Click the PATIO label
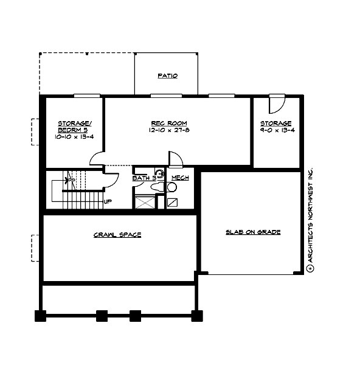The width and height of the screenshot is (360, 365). pos(167,76)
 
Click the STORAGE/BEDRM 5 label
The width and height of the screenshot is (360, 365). pos(71,127)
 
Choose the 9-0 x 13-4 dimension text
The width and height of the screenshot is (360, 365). pos(276,130)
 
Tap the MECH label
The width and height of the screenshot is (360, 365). pos(179,178)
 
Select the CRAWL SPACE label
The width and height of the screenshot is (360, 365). pos(117,235)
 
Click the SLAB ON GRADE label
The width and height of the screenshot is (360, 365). pos(252,232)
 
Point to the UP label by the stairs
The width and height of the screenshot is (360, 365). pos(107,201)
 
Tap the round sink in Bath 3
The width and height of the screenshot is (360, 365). pos(159,173)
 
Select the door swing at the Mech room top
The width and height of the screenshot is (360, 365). pos(175,159)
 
